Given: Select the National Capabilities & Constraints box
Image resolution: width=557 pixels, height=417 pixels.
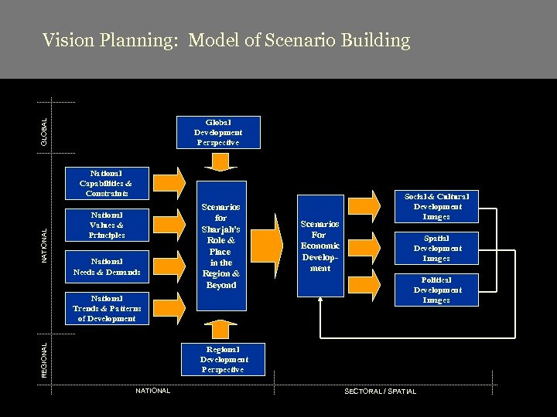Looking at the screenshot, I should pyautogui.click(x=106, y=182).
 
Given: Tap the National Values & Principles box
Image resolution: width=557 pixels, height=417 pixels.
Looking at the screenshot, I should pyautogui.click(x=106, y=225).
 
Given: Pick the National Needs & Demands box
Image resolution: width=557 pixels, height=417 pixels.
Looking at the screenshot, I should pyautogui.click(x=106, y=266).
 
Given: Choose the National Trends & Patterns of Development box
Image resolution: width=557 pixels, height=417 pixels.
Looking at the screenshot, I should pyautogui.click(x=106, y=308).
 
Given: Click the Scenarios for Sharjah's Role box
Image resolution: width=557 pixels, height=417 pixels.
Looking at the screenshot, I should pyautogui.click(x=220, y=246).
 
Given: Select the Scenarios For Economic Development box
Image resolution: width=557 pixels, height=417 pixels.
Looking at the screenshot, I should pyautogui.click(x=320, y=246).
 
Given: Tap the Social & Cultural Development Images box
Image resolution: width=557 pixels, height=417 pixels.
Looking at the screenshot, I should pyautogui.click(x=436, y=206).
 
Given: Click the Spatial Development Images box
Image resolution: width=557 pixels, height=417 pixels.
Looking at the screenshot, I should pyautogui.click(x=436, y=248).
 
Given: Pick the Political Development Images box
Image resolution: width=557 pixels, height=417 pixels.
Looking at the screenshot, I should pyautogui.click(x=436, y=290).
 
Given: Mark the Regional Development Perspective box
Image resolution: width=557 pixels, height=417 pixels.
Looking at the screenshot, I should pyautogui.click(x=224, y=359).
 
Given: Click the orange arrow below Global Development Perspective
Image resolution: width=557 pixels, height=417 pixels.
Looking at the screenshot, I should pyautogui.click(x=222, y=162).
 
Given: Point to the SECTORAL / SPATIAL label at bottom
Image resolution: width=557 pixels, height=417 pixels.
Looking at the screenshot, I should pyautogui.click(x=379, y=392).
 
